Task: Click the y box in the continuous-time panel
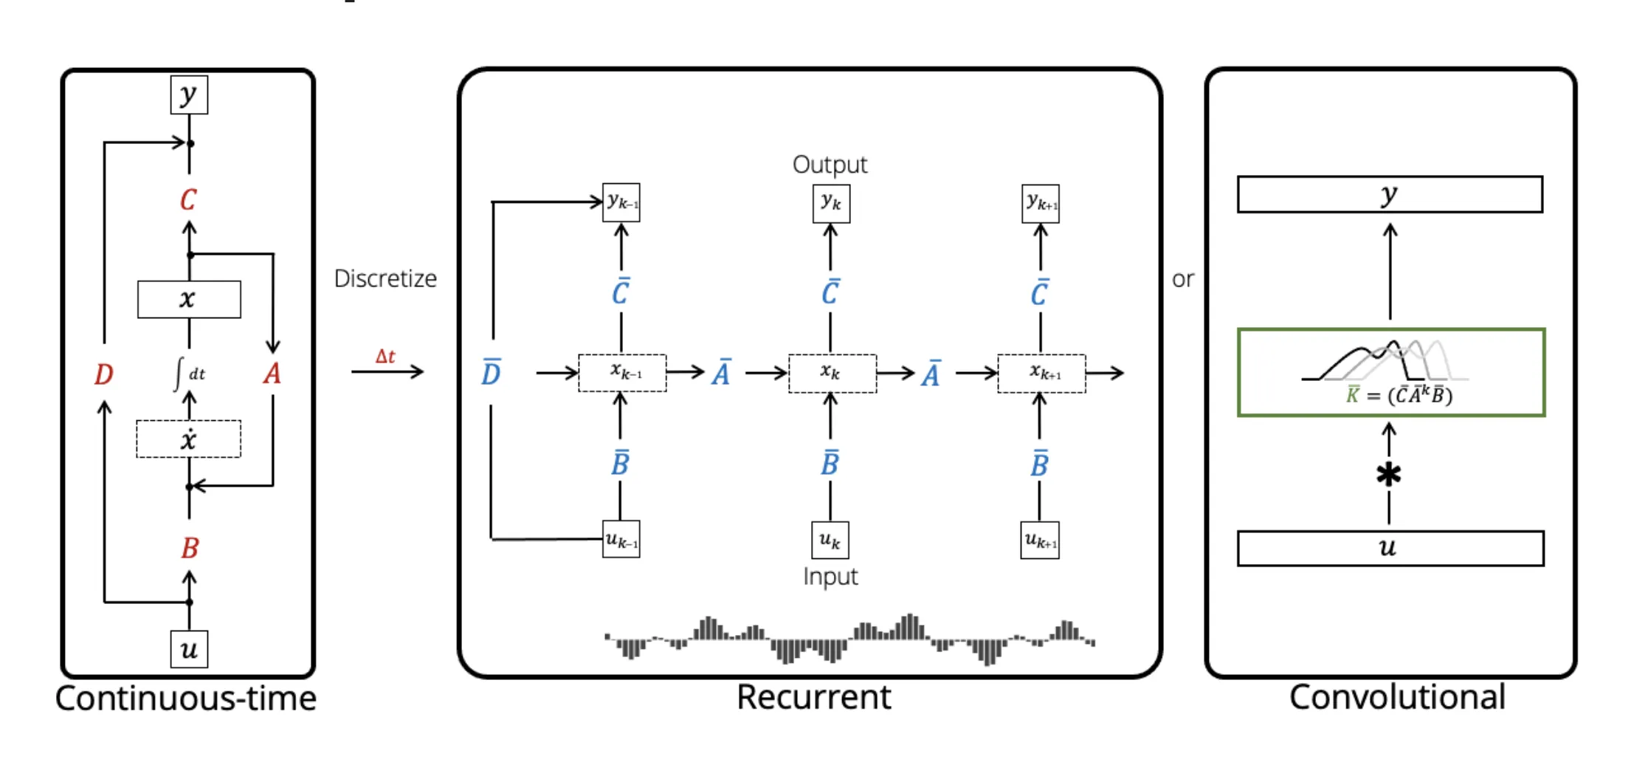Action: (189, 95)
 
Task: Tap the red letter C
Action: (188, 199)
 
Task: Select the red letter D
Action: (103, 374)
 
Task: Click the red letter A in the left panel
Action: (272, 374)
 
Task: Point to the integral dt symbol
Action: (189, 374)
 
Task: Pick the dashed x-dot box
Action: (188, 439)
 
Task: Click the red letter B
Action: (190, 548)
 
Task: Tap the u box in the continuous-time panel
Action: (189, 650)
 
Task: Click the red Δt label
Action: (385, 357)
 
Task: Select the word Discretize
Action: (385, 278)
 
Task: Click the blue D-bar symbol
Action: (491, 373)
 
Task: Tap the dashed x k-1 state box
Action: (622, 373)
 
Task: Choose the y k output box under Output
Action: (831, 203)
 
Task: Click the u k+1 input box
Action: (1040, 540)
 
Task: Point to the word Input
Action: (830, 577)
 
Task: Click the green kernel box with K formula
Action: (1391, 373)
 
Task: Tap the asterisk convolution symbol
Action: (1388, 475)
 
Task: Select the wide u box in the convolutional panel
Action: (1390, 549)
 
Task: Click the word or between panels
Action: (1182, 279)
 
